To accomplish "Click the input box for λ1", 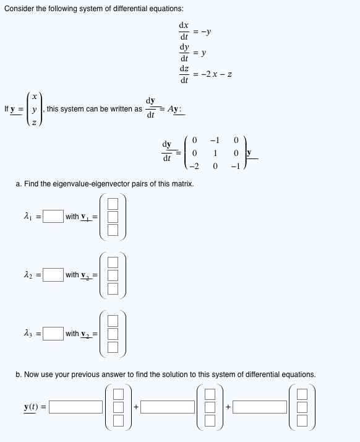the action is pyautogui.click(x=53, y=216).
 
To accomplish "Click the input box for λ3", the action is pyautogui.click(x=53, y=334).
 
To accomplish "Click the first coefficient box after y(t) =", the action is pyautogui.click(x=77, y=407).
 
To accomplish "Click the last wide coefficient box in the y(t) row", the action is pyautogui.click(x=260, y=407).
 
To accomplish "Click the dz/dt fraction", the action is pyautogui.click(x=184, y=74).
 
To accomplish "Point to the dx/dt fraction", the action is pyautogui.click(x=184, y=31).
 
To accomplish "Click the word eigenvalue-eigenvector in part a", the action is pyautogui.click(x=96, y=184).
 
